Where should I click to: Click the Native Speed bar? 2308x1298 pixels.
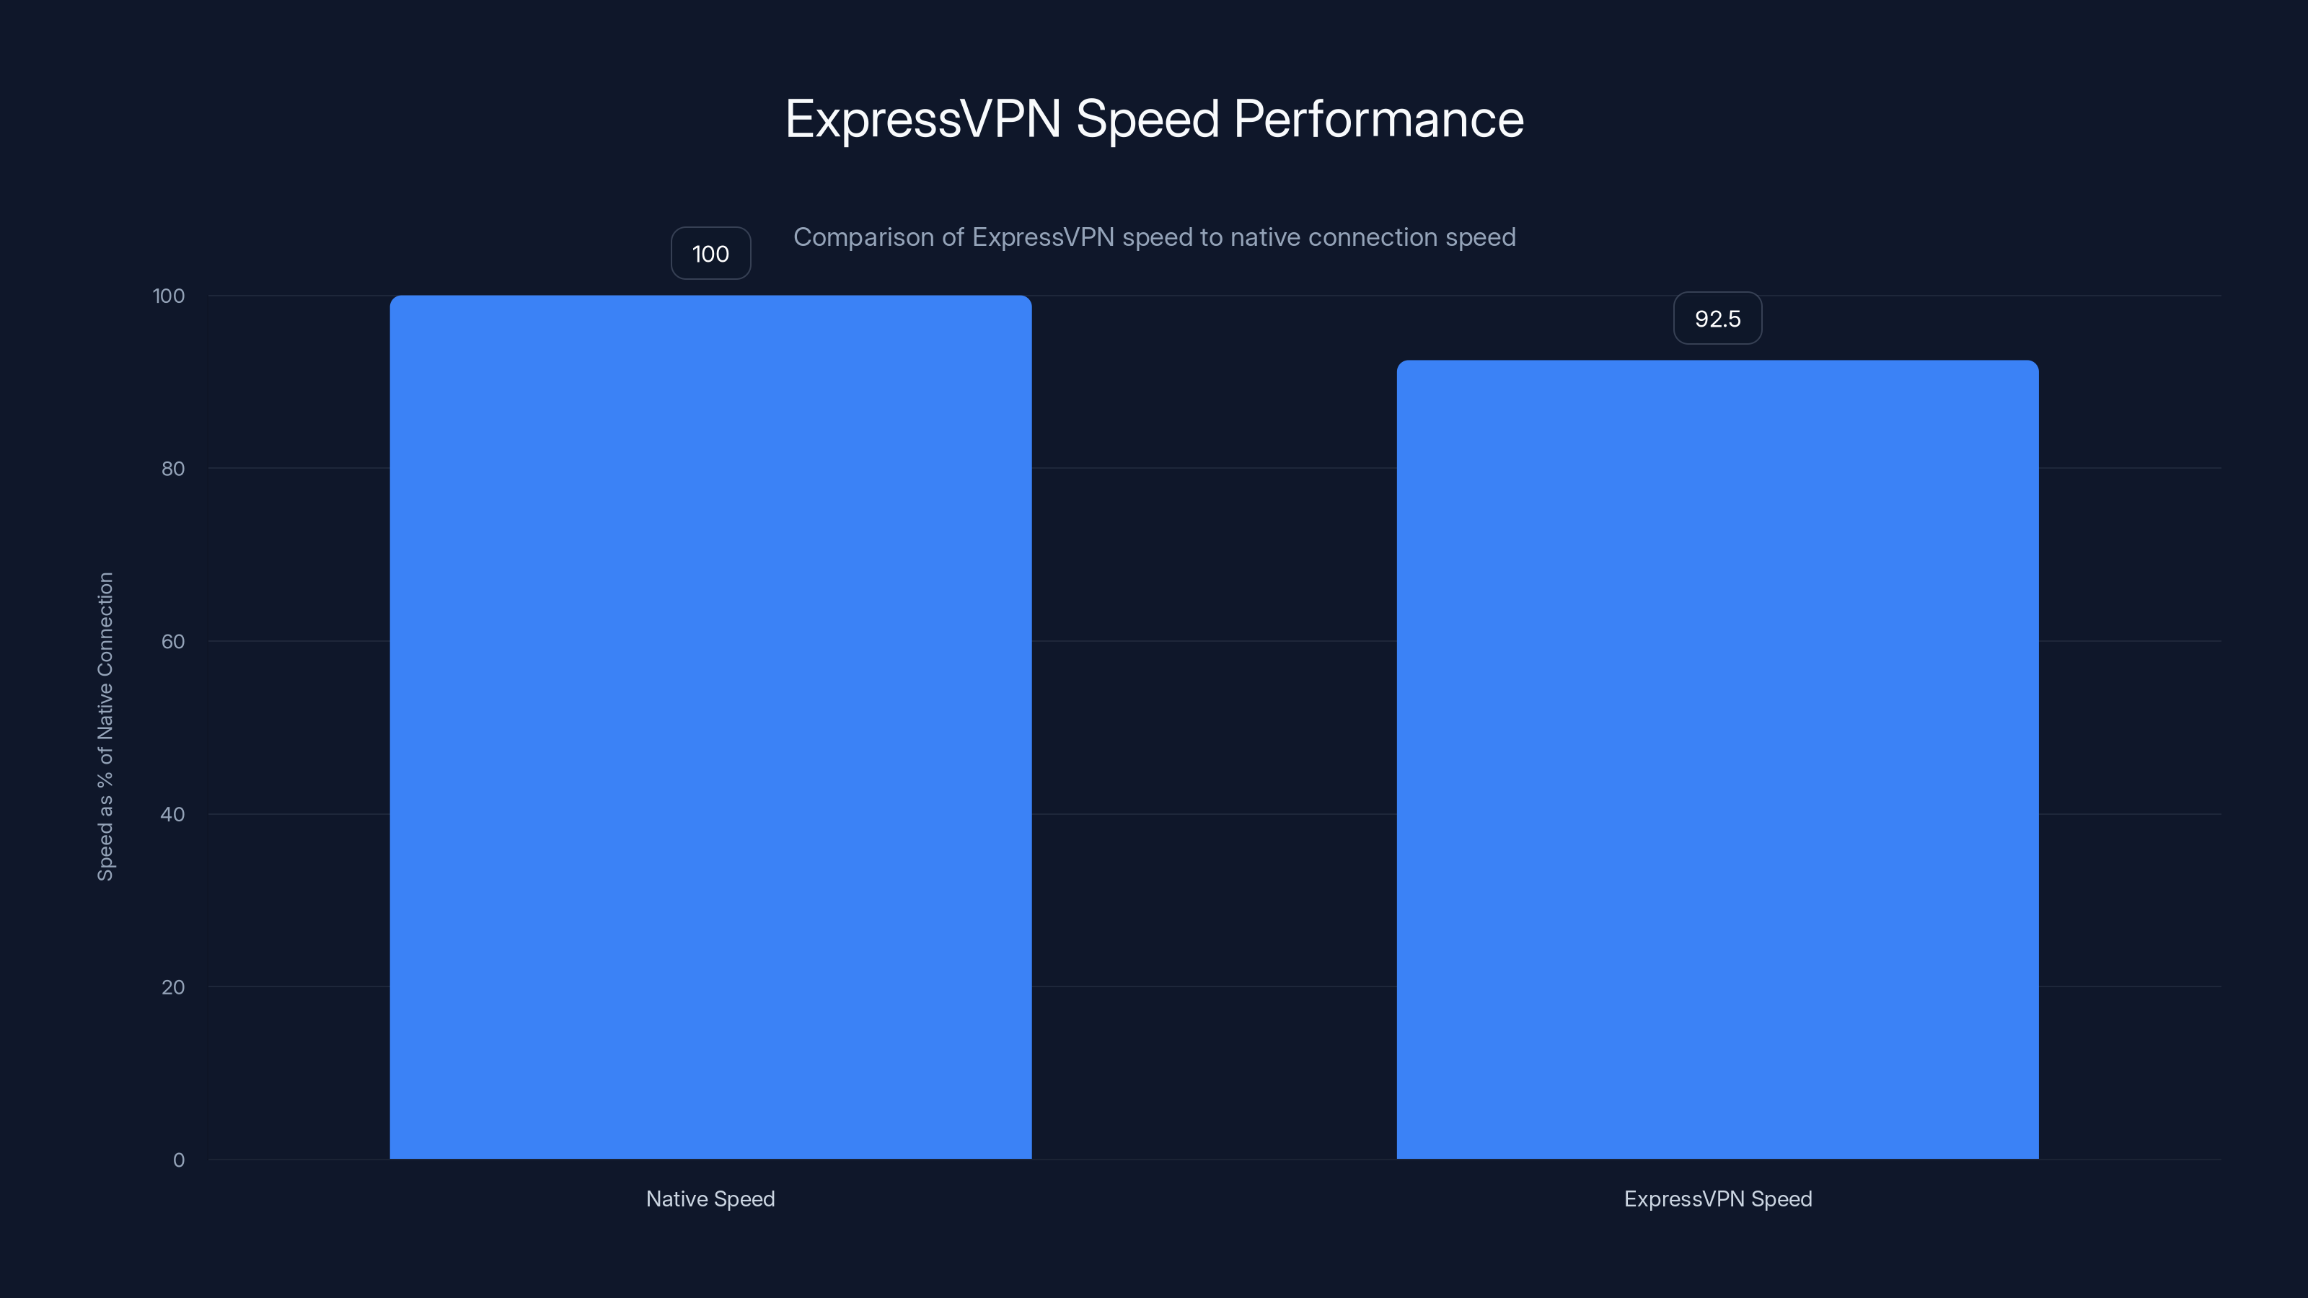[710, 726]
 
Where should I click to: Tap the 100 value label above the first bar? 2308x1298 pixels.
[710, 254]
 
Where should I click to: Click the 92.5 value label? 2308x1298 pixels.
[1717, 319]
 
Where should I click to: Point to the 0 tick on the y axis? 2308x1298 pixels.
[178, 1160]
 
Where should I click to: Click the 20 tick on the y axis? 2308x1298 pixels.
[173, 987]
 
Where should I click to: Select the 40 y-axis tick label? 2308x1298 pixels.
[173, 814]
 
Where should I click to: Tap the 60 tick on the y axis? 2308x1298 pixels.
[173, 641]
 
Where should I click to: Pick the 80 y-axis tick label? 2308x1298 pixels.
[173, 469]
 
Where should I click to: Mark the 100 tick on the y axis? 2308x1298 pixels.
[169, 296]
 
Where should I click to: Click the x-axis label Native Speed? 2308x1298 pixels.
[710, 1198]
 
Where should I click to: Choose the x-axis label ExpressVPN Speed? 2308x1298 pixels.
[1717, 1198]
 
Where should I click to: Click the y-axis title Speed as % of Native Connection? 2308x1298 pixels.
[106, 726]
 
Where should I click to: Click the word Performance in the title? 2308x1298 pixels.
[1378, 119]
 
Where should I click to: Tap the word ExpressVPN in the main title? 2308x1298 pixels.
[923, 119]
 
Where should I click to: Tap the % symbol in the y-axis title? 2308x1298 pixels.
[106, 777]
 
